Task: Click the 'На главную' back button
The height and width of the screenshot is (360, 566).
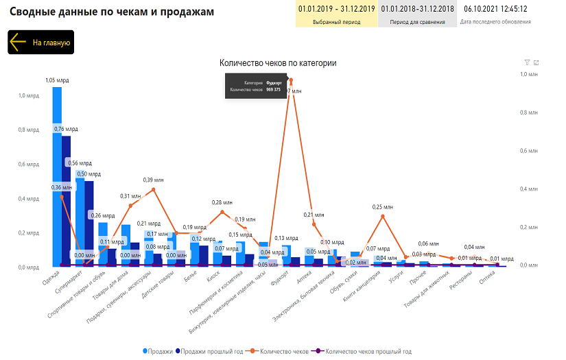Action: coord(40,43)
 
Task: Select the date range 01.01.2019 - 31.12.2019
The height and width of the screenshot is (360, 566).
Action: coord(336,9)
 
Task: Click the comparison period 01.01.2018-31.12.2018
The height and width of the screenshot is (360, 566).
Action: coord(417,9)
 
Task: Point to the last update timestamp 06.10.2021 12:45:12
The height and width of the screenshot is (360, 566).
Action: coord(495,9)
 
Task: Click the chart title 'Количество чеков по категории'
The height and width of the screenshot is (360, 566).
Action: coord(277,63)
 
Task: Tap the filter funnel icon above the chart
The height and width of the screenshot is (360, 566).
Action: coord(527,62)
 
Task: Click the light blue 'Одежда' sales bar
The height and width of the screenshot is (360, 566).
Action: coord(57,171)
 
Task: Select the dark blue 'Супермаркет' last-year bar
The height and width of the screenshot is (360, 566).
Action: coord(89,219)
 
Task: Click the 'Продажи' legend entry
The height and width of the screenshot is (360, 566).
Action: coord(158,351)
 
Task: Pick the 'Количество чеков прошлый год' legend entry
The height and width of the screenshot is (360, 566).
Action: coord(366,351)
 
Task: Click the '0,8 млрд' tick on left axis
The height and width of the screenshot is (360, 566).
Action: coord(28,130)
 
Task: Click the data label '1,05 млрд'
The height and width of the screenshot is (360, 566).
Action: coord(57,80)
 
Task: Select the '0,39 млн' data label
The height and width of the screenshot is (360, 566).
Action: coord(153,180)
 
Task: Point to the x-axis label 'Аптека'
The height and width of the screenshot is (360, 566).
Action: coord(304,280)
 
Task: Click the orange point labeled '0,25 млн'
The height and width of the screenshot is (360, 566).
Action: coord(383,217)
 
